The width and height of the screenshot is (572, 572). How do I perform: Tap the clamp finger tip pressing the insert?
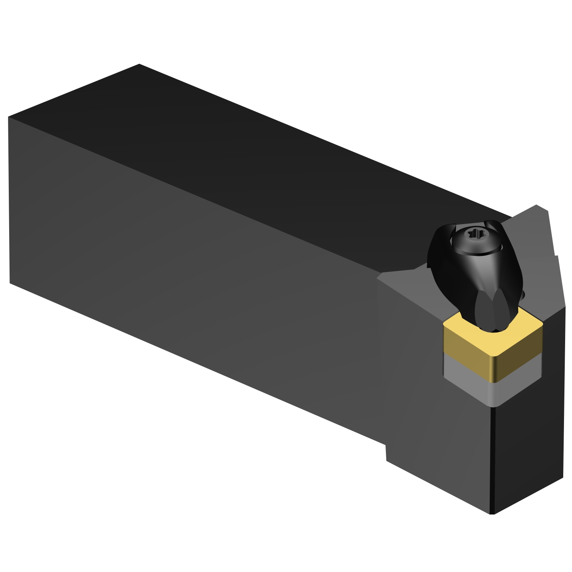(492, 324)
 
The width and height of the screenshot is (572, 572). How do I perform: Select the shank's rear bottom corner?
(10, 283)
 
